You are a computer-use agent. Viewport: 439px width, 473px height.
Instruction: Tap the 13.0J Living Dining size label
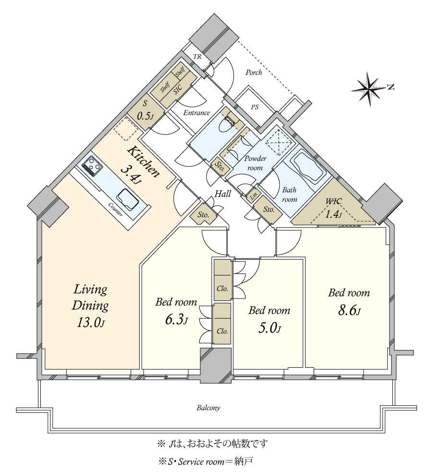(x=90, y=323)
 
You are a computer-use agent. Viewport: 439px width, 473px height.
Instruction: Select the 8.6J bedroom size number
(x=349, y=310)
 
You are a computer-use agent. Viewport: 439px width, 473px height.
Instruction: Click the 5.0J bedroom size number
(x=269, y=328)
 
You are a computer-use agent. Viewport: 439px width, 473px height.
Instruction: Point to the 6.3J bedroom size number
(x=176, y=320)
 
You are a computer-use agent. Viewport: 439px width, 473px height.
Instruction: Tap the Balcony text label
(x=208, y=408)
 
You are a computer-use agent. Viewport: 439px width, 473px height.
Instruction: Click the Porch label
(x=254, y=73)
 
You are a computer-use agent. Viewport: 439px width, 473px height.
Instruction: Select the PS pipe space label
(x=255, y=107)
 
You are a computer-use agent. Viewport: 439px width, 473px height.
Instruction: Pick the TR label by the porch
(x=197, y=56)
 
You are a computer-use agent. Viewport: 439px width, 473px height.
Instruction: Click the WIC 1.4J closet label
(x=333, y=208)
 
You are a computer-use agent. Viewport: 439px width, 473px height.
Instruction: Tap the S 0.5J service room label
(x=144, y=111)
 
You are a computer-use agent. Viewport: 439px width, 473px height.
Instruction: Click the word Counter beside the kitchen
(x=115, y=210)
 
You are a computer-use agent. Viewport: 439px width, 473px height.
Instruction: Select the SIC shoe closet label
(x=178, y=89)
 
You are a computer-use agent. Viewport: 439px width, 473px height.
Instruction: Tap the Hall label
(x=222, y=194)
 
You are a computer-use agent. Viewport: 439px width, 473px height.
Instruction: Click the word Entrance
(x=196, y=113)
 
